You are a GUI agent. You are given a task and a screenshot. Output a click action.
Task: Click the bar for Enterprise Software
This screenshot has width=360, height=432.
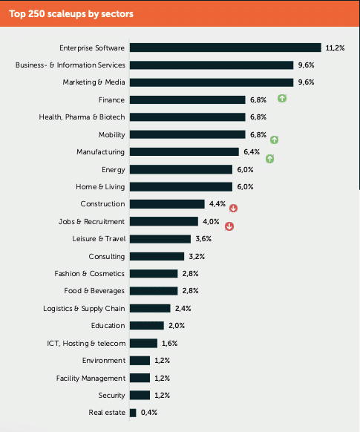[x=226, y=48]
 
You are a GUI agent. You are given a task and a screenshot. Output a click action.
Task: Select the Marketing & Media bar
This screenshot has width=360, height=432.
[x=212, y=82]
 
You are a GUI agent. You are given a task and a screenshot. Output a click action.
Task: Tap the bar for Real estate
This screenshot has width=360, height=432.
[x=133, y=413]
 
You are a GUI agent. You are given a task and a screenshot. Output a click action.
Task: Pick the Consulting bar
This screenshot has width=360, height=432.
[x=157, y=257]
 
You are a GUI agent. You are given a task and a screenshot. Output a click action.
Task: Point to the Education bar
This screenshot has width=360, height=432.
[x=147, y=326]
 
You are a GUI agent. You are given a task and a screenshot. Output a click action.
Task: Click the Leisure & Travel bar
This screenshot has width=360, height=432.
[x=160, y=239]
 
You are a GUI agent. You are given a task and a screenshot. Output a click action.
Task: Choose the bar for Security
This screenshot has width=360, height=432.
[x=140, y=396]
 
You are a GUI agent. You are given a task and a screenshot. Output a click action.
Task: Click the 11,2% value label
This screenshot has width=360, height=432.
[x=335, y=48]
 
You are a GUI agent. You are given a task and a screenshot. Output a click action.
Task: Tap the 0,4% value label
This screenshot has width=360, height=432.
[x=149, y=413]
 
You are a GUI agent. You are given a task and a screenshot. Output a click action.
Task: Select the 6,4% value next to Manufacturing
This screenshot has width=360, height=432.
[x=252, y=152]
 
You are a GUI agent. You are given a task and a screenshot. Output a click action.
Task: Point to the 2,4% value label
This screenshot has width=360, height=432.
[x=183, y=308]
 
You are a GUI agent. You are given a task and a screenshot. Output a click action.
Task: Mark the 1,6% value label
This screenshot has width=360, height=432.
[x=169, y=343]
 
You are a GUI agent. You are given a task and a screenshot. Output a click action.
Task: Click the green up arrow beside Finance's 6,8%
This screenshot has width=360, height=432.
[x=282, y=98]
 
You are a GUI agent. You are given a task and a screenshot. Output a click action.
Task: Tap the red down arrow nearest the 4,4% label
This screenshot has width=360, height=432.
[x=233, y=209]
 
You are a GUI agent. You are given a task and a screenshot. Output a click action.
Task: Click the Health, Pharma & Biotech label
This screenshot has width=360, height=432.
[x=82, y=117]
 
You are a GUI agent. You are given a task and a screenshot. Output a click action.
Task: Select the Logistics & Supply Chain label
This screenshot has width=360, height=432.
[x=84, y=309]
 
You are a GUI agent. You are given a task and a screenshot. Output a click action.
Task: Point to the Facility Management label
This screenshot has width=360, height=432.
[x=91, y=379]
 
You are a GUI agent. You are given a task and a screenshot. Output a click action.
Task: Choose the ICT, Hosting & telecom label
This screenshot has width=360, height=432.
[x=86, y=343]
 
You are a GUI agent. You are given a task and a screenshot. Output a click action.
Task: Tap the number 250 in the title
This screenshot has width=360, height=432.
[x=36, y=13]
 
